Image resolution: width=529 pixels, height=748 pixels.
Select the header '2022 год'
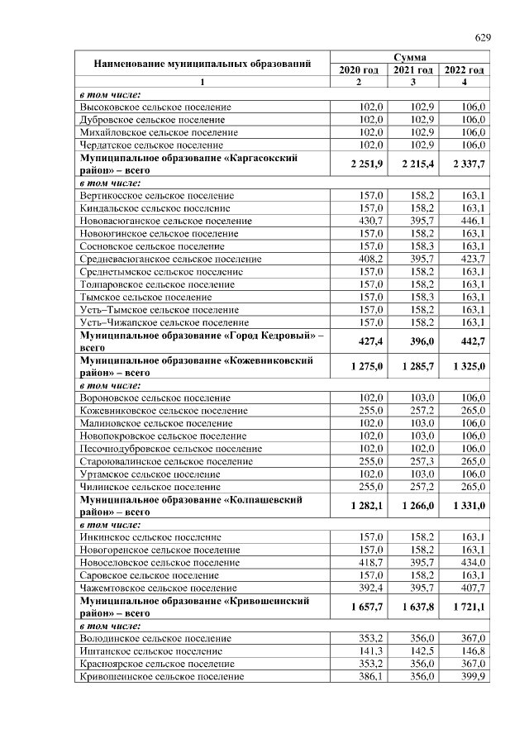[x=464, y=70]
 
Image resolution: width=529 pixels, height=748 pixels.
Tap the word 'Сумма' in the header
[x=410, y=58]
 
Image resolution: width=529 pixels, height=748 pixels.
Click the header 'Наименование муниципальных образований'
[x=203, y=64]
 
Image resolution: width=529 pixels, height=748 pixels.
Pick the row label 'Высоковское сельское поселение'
[x=155, y=107]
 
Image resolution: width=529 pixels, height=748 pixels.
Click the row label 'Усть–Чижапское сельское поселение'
[x=164, y=322]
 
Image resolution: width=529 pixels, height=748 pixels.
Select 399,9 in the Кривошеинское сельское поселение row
[x=469, y=676]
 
